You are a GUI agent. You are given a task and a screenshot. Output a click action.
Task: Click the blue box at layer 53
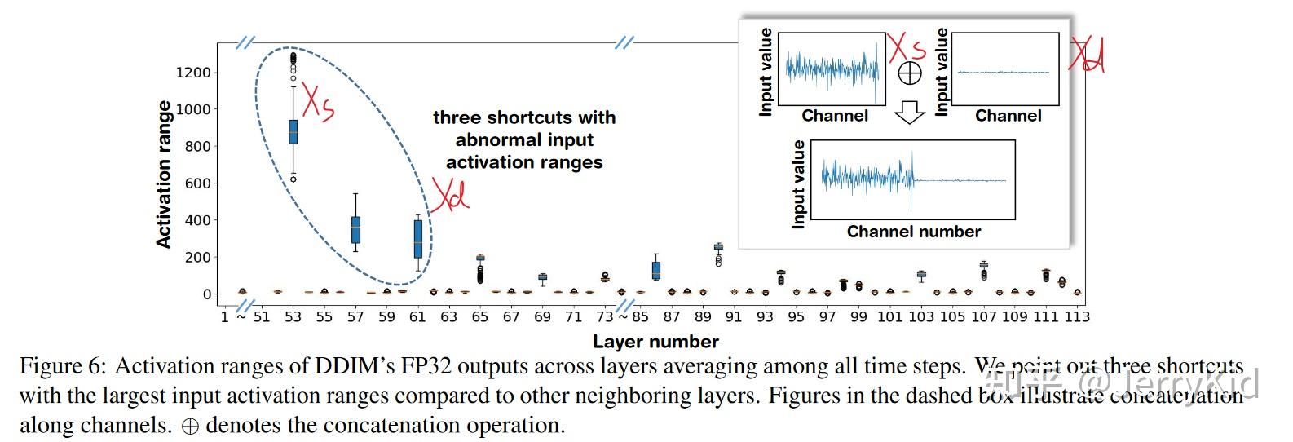click(x=293, y=131)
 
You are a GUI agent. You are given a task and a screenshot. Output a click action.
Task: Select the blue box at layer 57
click(x=355, y=229)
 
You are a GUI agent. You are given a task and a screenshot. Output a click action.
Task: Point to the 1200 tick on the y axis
click(x=193, y=73)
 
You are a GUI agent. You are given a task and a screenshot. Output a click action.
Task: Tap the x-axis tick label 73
click(x=605, y=316)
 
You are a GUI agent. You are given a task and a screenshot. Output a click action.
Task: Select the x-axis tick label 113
click(x=1077, y=316)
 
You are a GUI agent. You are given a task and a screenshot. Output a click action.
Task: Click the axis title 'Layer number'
click(x=655, y=342)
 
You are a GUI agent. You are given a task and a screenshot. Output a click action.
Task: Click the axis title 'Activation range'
click(x=164, y=175)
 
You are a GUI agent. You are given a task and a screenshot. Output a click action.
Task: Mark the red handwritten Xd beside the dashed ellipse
click(x=450, y=196)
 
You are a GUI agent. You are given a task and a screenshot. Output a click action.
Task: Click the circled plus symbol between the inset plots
click(x=909, y=73)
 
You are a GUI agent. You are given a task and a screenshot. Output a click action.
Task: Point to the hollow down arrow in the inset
click(x=909, y=113)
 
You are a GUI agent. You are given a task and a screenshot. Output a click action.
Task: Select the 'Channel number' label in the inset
click(x=913, y=232)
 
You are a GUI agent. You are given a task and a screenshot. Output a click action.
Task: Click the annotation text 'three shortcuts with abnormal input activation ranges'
click(x=524, y=139)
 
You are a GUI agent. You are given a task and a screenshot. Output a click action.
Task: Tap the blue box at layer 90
click(x=718, y=246)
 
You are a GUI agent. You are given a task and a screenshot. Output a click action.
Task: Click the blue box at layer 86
click(x=656, y=270)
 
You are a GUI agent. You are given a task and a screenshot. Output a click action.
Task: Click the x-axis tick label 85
click(x=640, y=316)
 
